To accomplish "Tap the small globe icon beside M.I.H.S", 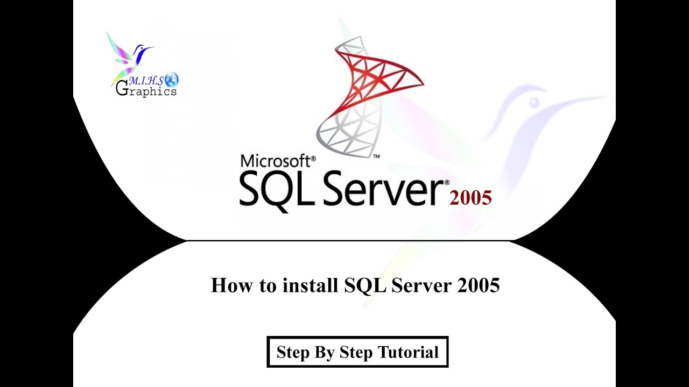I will point(172,80).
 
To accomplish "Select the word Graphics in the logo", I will point(146,91).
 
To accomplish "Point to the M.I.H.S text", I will point(145,81).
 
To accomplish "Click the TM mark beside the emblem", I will point(376,156).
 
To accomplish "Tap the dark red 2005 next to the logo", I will point(470,198).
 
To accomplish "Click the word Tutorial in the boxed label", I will point(408,353).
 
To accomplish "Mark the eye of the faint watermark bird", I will point(534,102).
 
